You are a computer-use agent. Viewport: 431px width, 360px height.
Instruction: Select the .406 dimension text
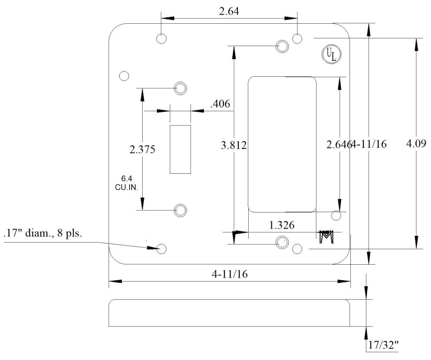[220, 104]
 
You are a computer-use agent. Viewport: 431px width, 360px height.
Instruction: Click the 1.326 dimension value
[282, 225]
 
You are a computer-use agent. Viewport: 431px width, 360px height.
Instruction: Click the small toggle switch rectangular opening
[180, 149]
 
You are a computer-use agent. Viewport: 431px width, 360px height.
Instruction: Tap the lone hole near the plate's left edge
[124, 76]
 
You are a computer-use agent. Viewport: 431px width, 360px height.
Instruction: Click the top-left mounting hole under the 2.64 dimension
[162, 38]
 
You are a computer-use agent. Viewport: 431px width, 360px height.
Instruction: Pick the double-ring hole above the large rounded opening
[282, 45]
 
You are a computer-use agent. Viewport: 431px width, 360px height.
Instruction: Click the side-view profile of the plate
[228, 313]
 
